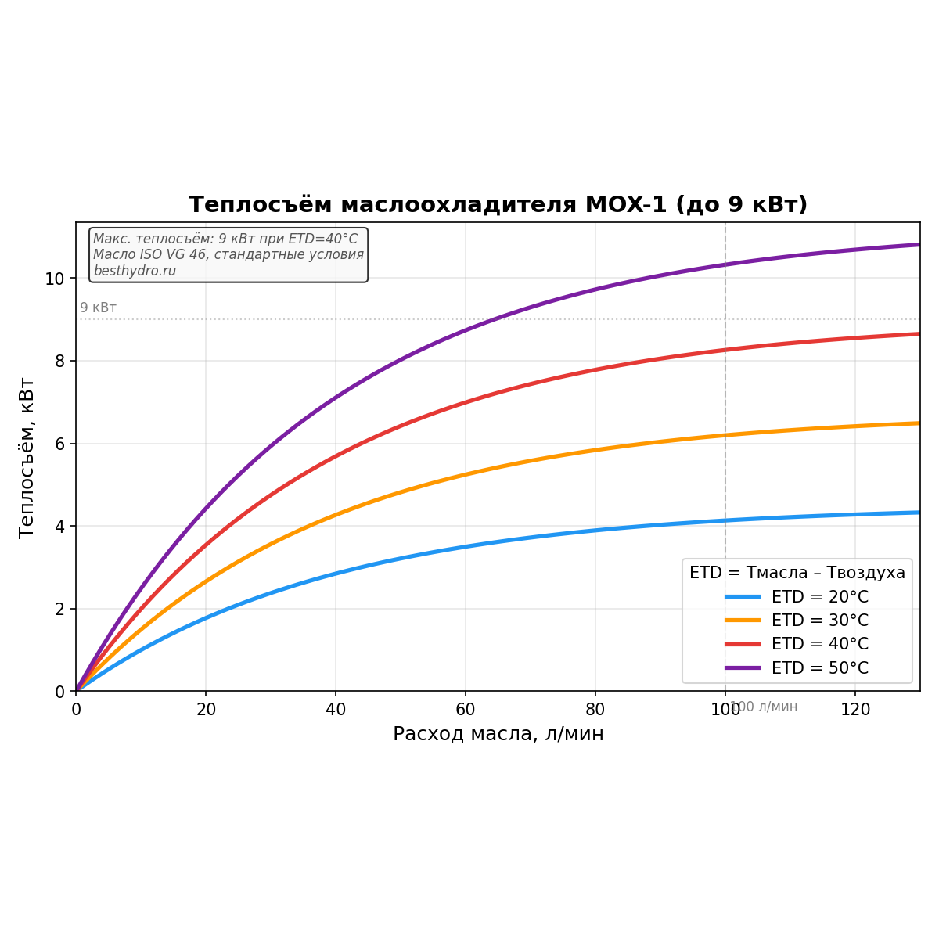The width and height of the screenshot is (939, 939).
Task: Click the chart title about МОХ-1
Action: pos(498,205)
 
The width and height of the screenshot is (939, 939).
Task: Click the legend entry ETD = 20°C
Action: pos(819,597)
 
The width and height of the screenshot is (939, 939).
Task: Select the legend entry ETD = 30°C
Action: pos(819,621)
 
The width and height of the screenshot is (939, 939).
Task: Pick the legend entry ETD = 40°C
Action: pos(819,644)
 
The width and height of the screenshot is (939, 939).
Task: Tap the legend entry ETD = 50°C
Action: pos(819,668)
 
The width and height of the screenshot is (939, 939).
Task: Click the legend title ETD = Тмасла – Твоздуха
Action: pos(797,573)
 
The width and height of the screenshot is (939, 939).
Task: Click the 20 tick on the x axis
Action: pos(206,710)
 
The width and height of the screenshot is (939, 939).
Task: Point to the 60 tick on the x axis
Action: pos(466,710)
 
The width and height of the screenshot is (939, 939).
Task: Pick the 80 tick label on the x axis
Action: pos(595,710)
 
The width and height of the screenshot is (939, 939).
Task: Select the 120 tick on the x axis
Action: pos(855,710)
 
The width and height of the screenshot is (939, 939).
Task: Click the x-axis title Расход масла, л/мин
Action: pos(498,734)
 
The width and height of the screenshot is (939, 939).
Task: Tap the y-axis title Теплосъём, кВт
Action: pos(27,457)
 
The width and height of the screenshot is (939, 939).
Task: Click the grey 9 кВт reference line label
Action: pos(98,308)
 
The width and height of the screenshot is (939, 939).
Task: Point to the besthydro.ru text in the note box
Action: pos(135,271)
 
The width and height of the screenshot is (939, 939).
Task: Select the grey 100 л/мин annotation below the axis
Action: pos(764,707)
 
